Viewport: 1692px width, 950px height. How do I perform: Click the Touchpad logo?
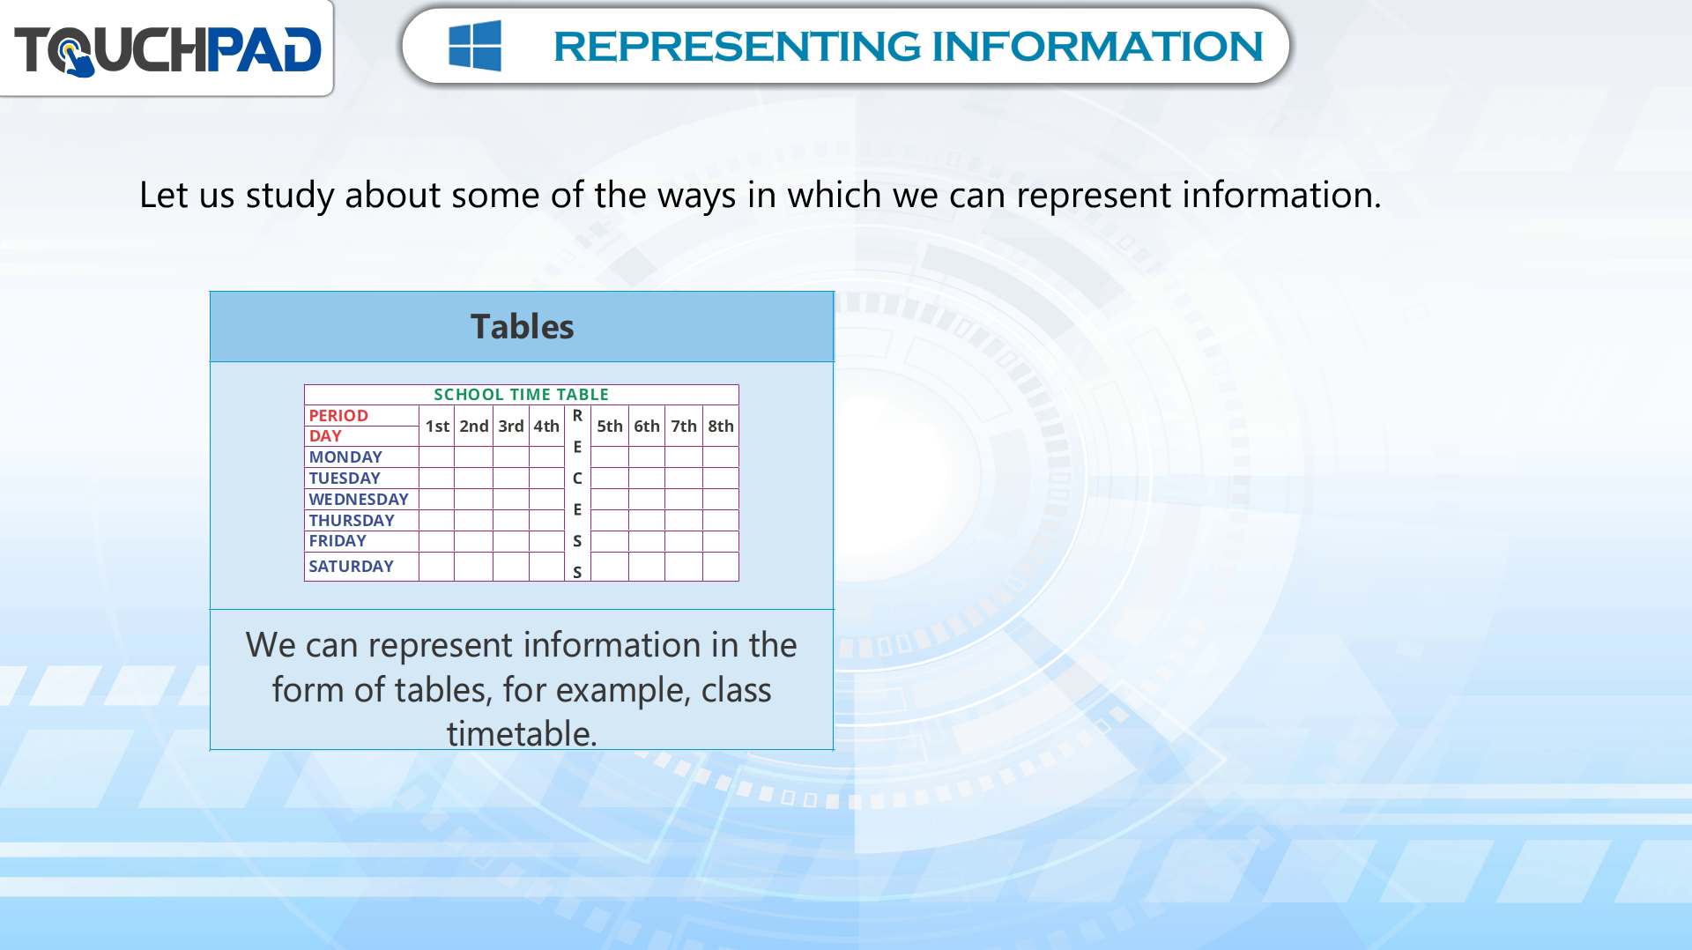(167, 49)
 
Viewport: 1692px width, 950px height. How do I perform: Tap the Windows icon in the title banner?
(475, 46)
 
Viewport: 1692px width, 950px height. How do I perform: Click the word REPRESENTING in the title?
(737, 47)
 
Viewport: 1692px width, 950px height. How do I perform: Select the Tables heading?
(522, 327)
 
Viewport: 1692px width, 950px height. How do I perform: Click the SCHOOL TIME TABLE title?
(521, 395)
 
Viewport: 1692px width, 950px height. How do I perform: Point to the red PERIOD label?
(338, 416)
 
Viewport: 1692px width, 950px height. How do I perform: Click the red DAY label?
(325, 436)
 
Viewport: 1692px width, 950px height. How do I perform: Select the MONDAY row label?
(345, 457)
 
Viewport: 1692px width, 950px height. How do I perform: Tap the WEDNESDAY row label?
(359, 500)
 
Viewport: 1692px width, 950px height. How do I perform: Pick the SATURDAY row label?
(351, 567)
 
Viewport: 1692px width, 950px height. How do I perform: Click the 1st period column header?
(437, 427)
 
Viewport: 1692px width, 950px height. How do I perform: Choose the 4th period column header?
(546, 427)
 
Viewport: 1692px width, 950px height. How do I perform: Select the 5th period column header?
(610, 427)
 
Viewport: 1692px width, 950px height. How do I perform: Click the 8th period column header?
(721, 427)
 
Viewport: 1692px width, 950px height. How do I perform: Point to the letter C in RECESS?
(577, 479)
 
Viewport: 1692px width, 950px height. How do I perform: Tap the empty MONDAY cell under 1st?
(436, 457)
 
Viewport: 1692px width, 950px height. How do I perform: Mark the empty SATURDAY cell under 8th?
(721, 567)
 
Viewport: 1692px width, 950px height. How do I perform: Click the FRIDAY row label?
(338, 541)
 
